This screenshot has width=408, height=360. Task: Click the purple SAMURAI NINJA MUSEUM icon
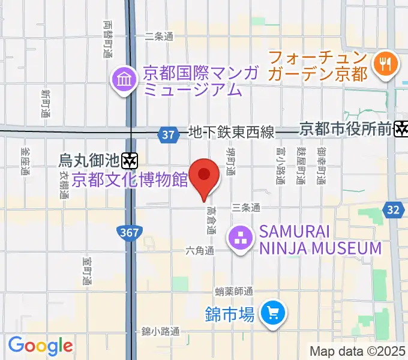[241, 239]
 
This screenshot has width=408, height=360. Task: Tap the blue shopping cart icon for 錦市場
[273, 313]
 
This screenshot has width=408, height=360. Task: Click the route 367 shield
[128, 232]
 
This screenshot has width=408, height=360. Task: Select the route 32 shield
[393, 209]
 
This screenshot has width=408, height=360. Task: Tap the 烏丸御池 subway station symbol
[130, 160]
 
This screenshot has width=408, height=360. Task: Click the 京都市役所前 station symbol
[401, 128]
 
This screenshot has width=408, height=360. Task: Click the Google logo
[40, 346]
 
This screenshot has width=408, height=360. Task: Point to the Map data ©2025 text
[358, 350]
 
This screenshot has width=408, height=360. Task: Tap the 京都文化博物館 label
[130, 179]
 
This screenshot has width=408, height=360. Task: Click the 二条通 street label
[159, 37]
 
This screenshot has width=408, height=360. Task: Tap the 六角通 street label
[200, 250]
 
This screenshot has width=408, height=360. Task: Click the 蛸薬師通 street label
[234, 292]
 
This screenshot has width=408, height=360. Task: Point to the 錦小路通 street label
[160, 331]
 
